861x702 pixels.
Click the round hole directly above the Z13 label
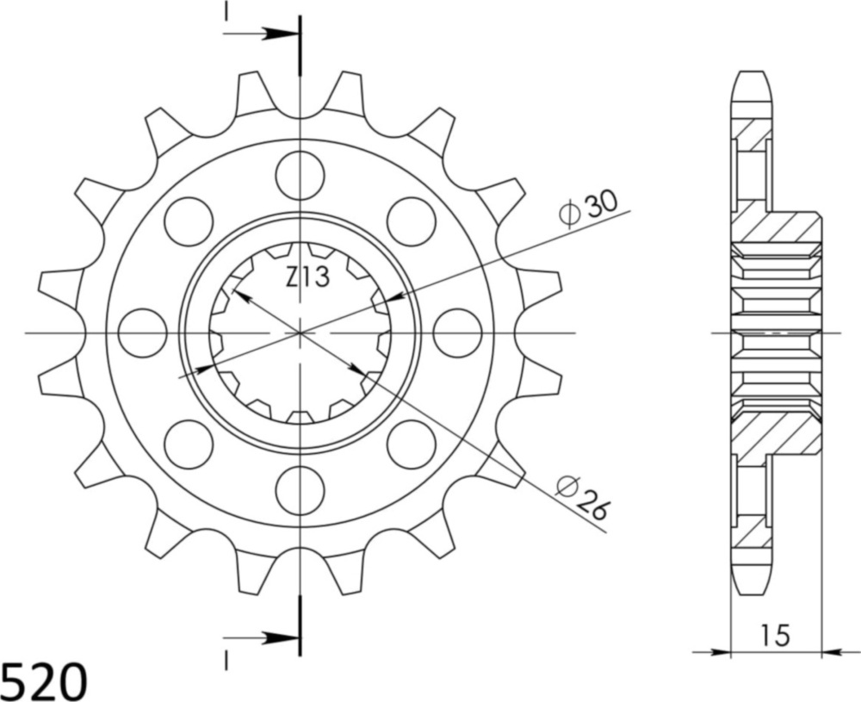coord(300,173)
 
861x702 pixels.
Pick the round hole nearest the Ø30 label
coord(411,221)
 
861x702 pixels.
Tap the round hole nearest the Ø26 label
coord(411,444)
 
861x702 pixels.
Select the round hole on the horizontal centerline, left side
coord(142,332)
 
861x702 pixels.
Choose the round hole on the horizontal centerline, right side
coord(457,332)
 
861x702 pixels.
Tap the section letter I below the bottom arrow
coord(226,661)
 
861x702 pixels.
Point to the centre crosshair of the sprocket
coord(300,332)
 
